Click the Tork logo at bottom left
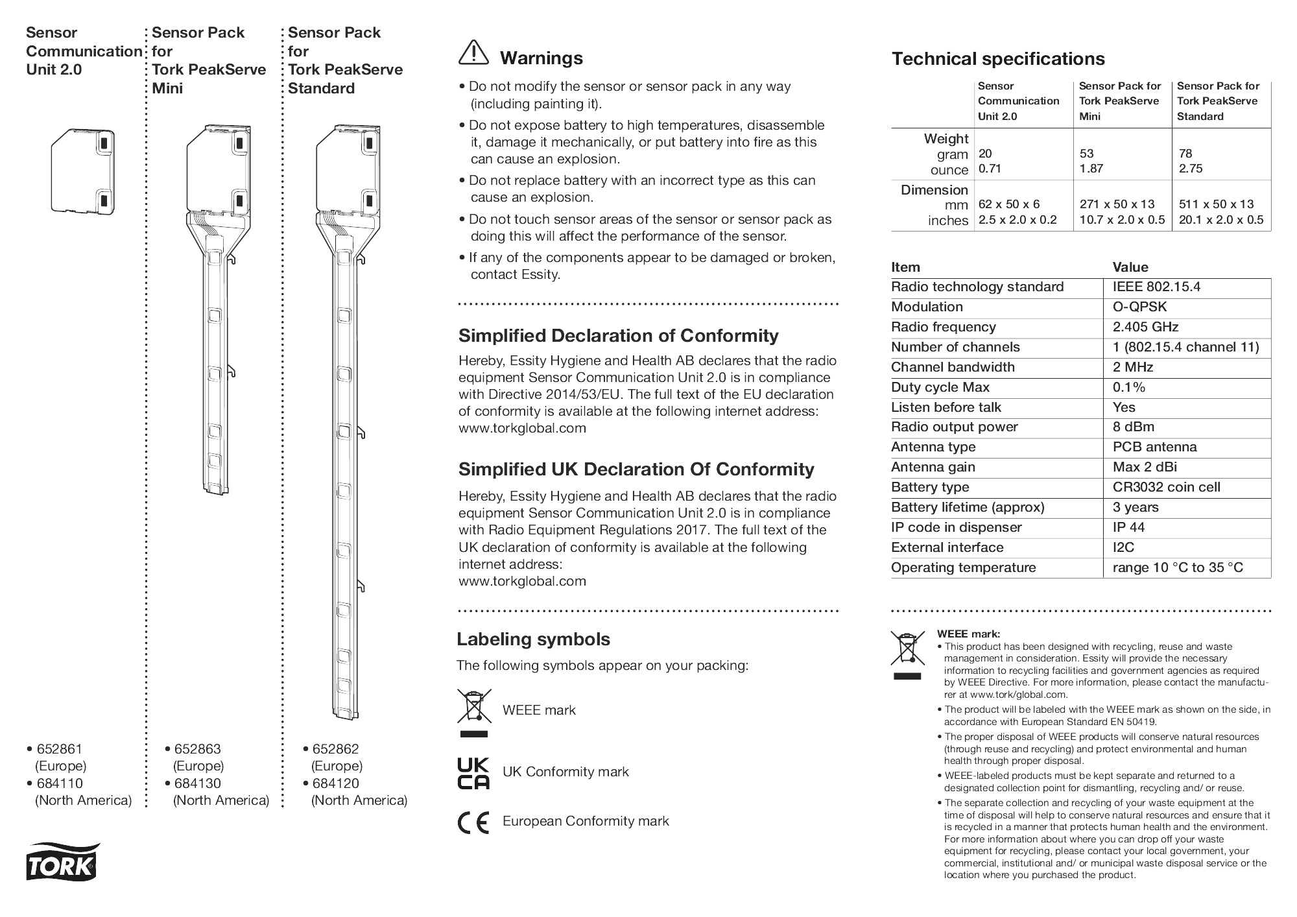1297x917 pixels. click(63, 863)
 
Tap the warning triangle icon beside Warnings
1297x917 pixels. click(473, 53)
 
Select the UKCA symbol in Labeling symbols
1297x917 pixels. click(473, 772)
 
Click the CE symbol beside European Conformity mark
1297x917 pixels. click(473, 822)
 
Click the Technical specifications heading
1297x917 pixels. click(997, 59)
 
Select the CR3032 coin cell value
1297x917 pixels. click(1166, 488)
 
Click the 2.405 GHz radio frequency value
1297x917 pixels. click(1145, 327)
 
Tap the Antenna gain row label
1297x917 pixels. click(933, 468)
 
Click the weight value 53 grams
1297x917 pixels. click(1086, 154)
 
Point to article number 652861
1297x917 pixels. click(60, 749)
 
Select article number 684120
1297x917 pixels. click(335, 783)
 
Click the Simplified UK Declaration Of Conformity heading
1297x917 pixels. click(636, 470)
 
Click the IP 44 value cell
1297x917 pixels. click(1128, 528)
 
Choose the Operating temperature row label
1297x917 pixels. click(963, 568)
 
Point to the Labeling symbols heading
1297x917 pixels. click(533, 639)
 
